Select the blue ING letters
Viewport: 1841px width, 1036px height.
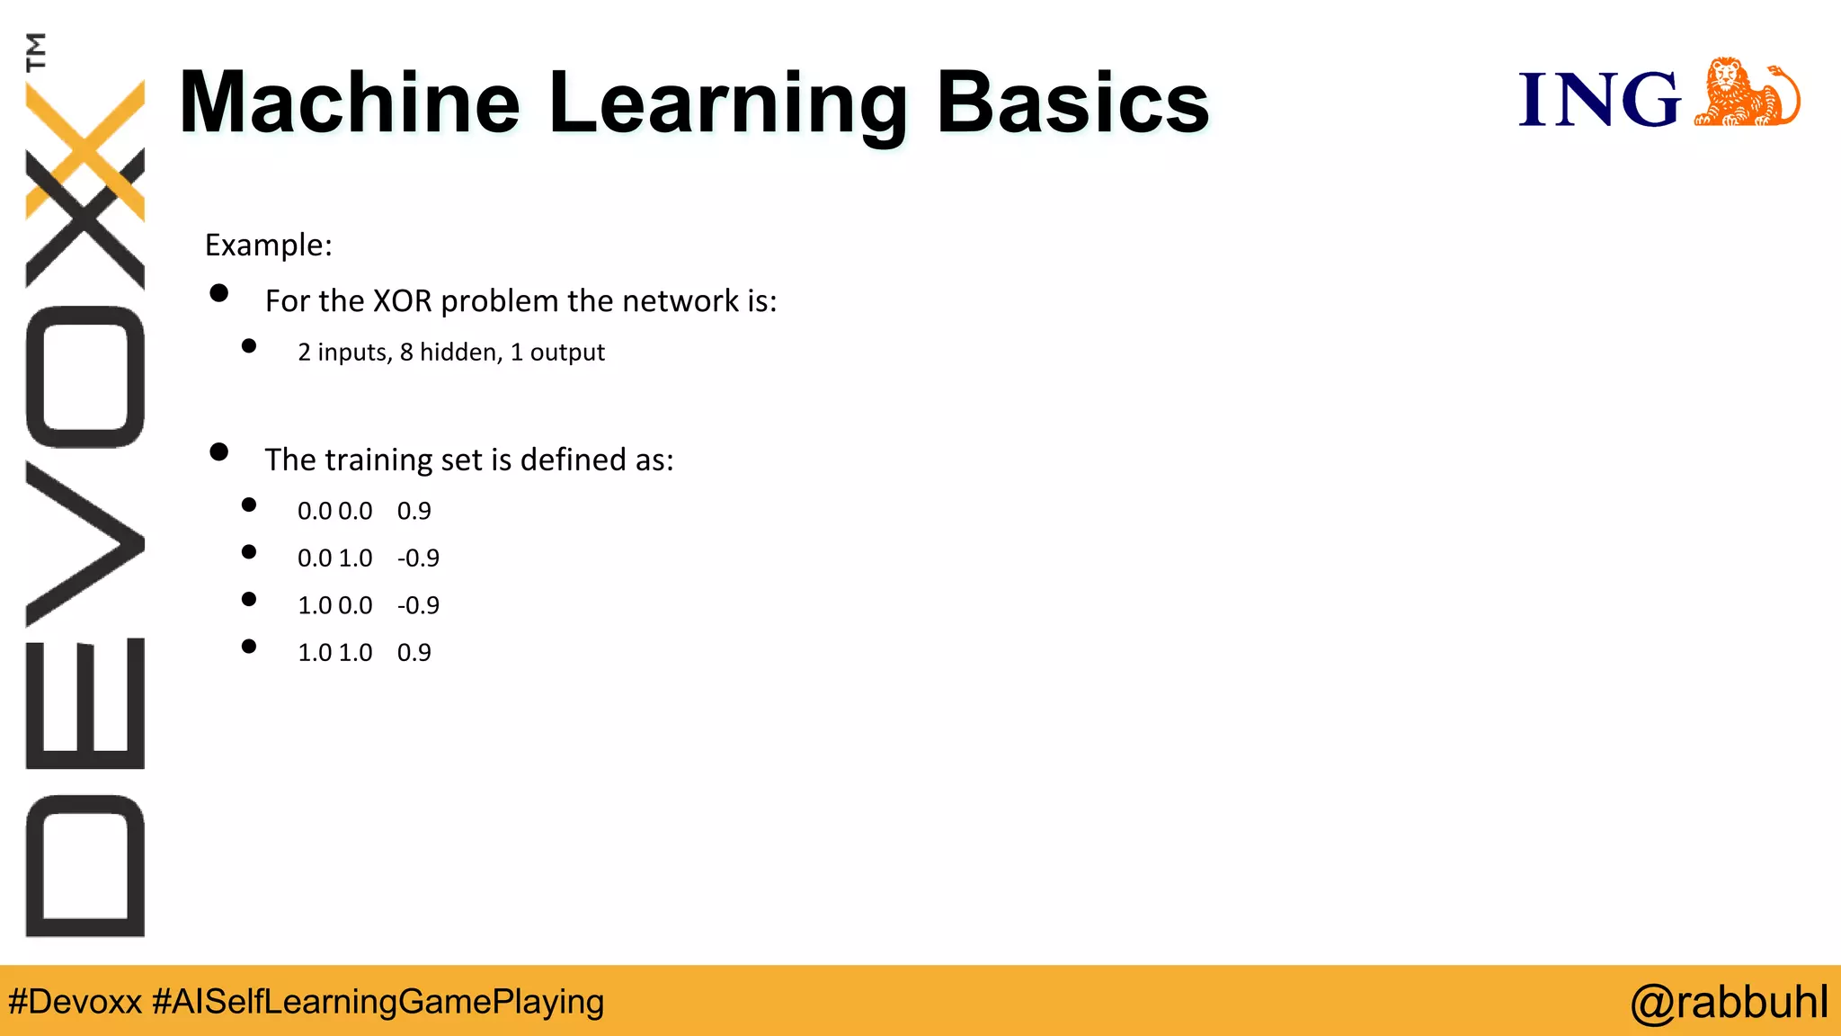tap(1598, 99)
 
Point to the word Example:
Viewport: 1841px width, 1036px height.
tap(268, 245)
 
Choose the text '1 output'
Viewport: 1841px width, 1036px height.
tap(557, 352)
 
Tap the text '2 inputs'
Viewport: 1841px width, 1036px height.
tap(344, 352)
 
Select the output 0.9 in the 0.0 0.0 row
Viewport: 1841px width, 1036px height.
tap(414, 511)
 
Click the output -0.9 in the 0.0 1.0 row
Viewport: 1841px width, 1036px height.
tap(418, 558)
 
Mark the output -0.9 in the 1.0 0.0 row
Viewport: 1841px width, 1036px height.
tap(418, 605)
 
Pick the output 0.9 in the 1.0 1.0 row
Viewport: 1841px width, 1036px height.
tap(414, 652)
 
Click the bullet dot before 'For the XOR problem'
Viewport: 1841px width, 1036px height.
tap(218, 293)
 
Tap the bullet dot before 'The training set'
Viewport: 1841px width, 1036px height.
tap(218, 451)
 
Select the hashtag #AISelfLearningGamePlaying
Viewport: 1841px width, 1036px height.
tap(378, 1002)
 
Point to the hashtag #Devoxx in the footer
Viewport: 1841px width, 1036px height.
tap(75, 1002)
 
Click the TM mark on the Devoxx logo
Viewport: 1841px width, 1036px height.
tap(36, 51)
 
